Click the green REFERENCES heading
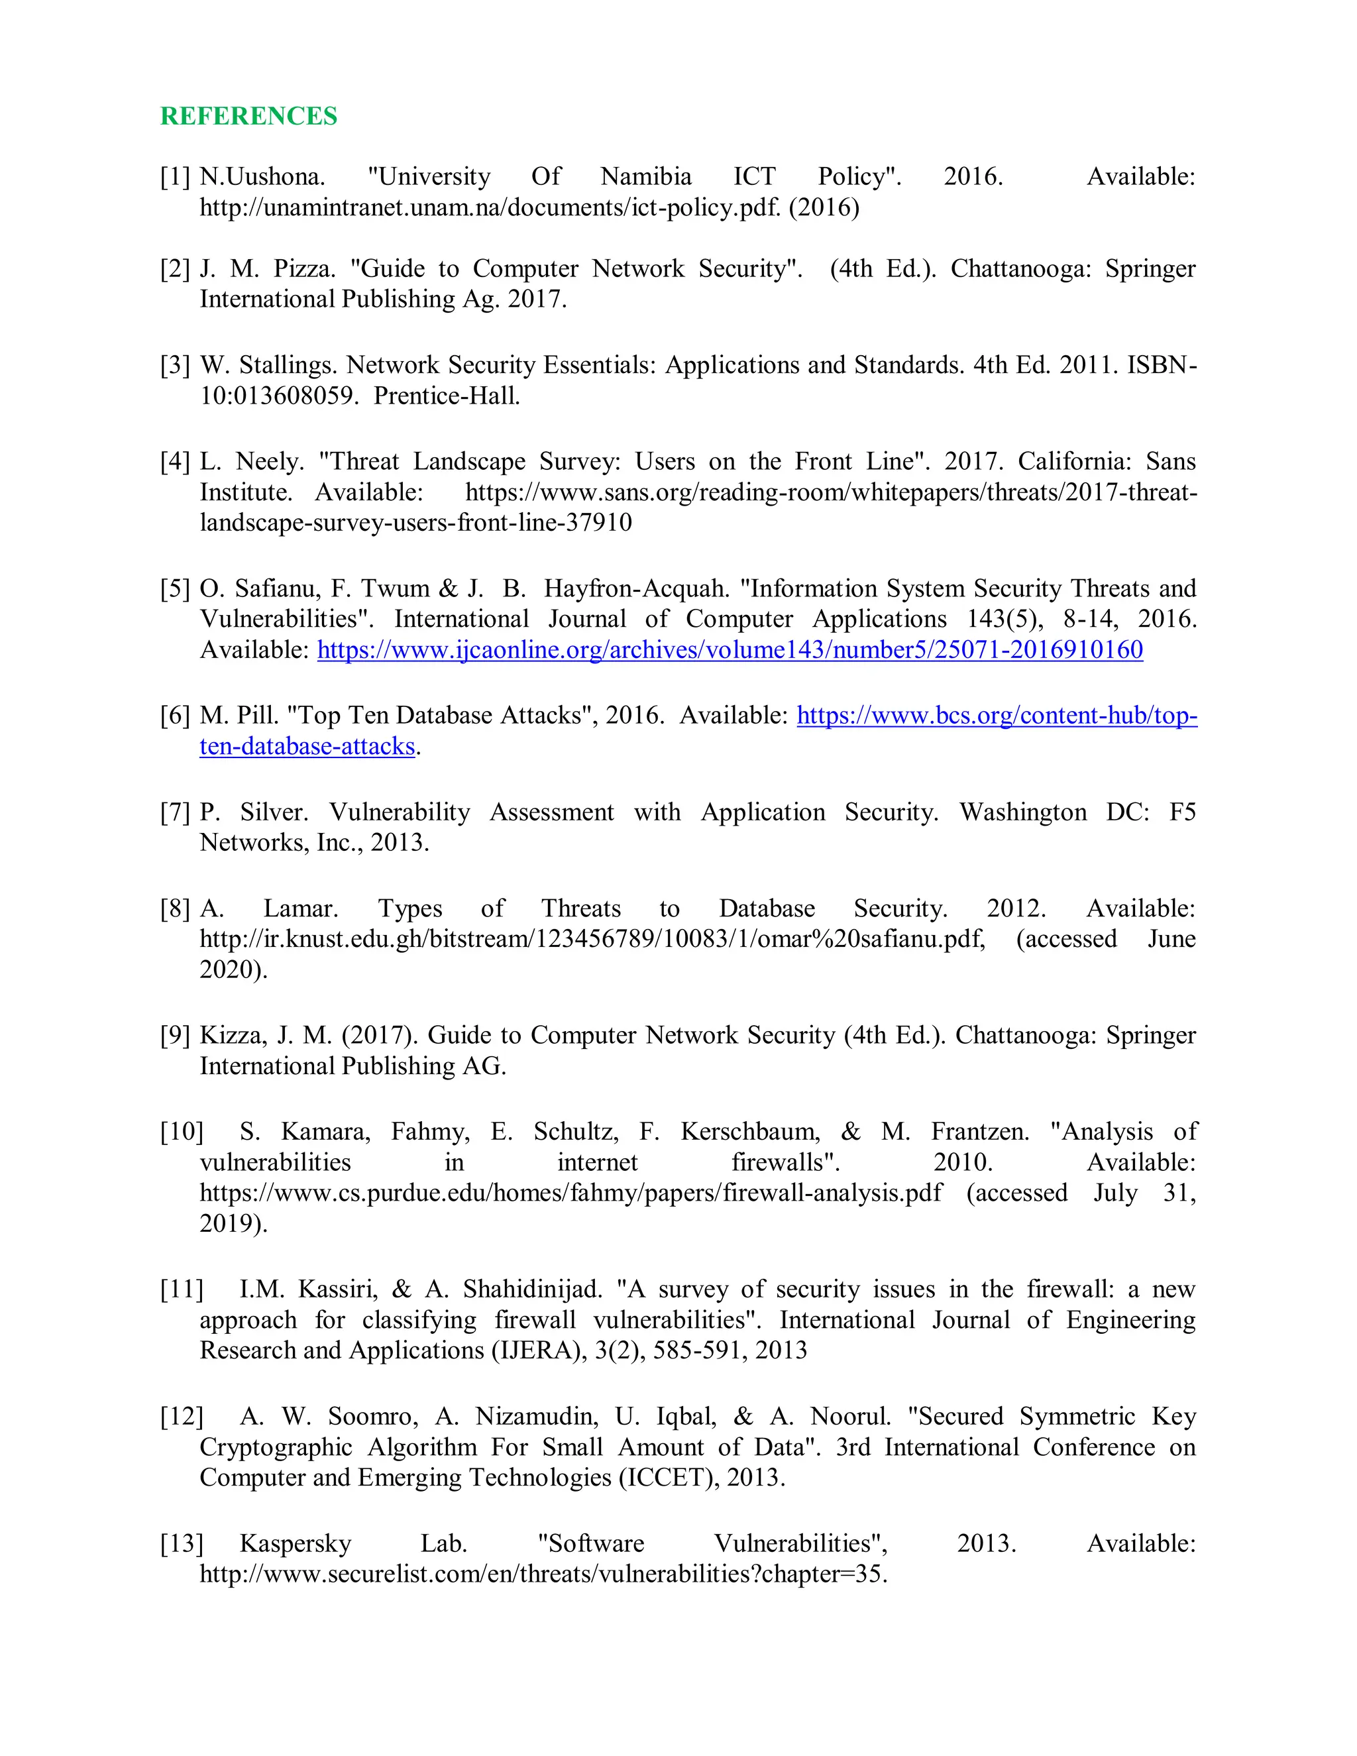(x=248, y=117)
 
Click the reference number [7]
(x=175, y=812)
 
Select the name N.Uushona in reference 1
(x=262, y=177)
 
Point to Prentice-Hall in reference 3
(x=447, y=396)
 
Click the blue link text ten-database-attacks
(x=307, y=746)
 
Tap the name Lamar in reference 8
(x=301, y=908)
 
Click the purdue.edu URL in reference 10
(x=570, y=1193)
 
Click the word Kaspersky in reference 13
(x=295, y=1544)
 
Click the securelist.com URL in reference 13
(x=543, y=1574)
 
